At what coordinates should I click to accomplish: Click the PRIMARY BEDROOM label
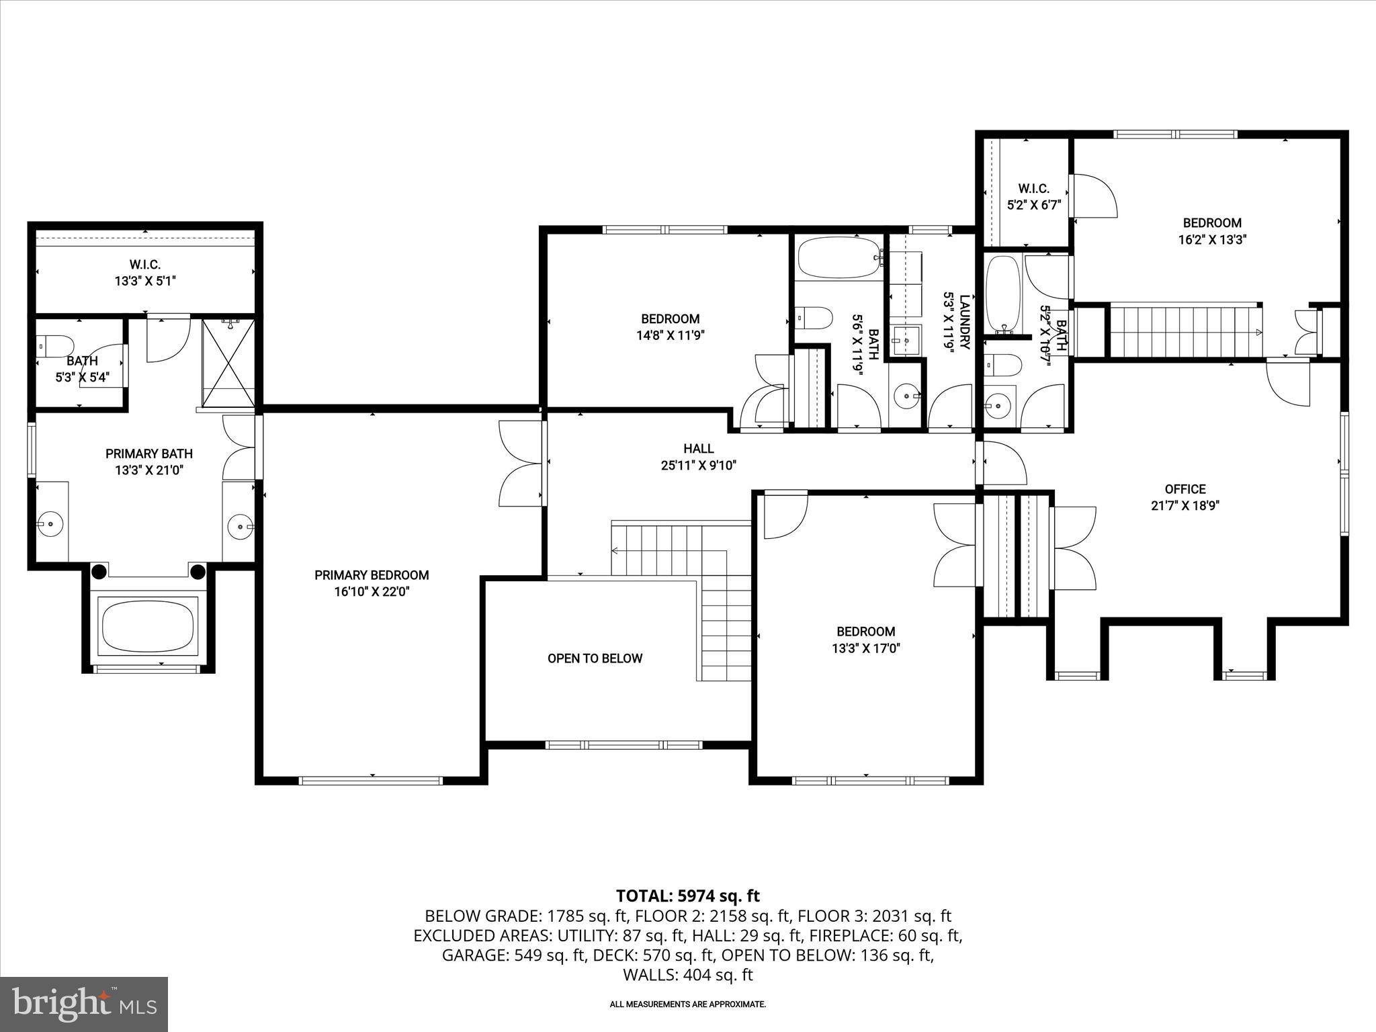[372, 575]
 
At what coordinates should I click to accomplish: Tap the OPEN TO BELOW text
[595, 658]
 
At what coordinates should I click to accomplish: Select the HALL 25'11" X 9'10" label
[699, 457]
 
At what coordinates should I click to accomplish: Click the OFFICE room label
[1185, 489]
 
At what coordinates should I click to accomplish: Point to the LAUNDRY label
[965, 322]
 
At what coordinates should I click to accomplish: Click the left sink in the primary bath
[50, 522]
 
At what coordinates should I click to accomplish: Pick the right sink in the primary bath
[240, 525]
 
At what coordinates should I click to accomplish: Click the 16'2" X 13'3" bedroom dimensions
[1212, 240]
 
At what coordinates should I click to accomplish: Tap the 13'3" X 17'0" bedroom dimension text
[865, 648]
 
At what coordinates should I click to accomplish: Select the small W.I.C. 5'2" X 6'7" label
[1033, 197]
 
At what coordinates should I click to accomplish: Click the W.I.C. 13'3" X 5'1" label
[145, 273]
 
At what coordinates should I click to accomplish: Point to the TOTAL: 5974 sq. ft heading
[687, 896]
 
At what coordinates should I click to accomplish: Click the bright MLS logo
[84, 1004]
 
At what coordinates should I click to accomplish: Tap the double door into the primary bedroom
[521, 464]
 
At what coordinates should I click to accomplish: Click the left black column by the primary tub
[99, 572]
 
